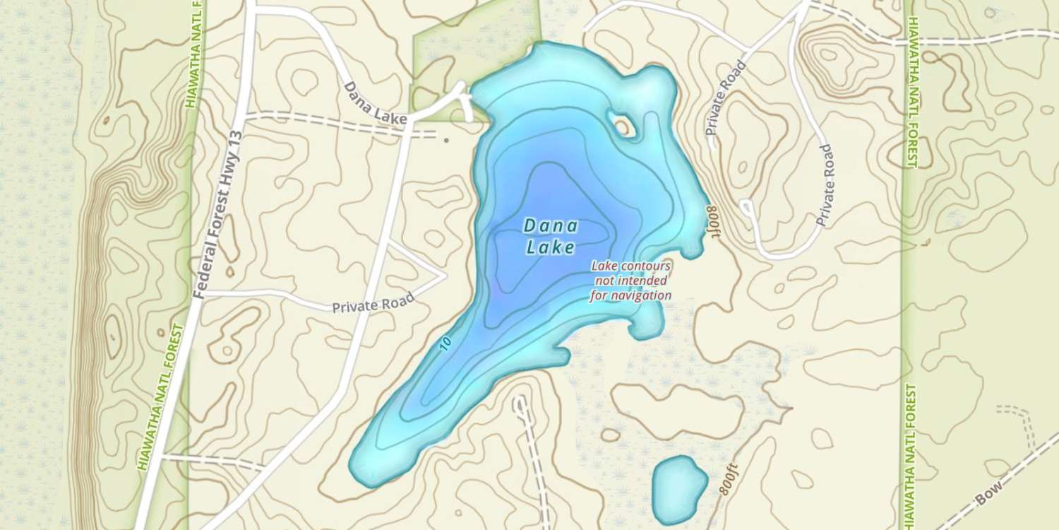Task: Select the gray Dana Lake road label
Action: point(376,104)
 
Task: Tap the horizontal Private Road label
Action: point(373,304)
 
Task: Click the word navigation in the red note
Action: point(630,296)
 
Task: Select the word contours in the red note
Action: point(644,266)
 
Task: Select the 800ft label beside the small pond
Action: point(726,481)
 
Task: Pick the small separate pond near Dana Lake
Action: point(678,488)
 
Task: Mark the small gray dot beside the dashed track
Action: point(446,140)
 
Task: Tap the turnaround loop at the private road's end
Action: point(746,208)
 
